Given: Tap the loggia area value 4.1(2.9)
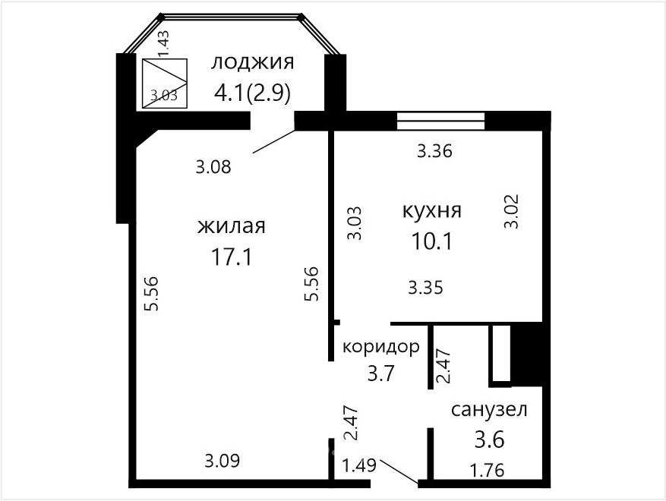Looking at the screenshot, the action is (252, 93).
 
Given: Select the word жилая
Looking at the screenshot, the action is (232, 226).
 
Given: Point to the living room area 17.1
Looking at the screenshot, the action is (232, 257).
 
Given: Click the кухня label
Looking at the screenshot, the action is (431, 210).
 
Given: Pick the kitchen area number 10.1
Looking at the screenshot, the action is (431, 241).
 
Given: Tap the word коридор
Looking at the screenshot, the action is (381, 348).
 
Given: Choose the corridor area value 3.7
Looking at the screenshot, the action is (381, 374).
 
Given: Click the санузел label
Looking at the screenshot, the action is (489, 410).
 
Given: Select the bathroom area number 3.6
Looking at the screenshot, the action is (489, 440).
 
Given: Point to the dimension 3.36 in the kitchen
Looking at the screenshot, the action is (434, 151).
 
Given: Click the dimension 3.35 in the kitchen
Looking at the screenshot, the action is (425, 288).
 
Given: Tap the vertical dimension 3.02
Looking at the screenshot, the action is (512, 212).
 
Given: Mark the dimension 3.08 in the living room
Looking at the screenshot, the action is (213, 167).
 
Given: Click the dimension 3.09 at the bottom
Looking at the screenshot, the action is (223, 461).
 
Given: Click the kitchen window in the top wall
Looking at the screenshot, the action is (440, 121).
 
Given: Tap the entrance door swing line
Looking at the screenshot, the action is (399, 471).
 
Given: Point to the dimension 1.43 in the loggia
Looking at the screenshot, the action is (163, 43).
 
